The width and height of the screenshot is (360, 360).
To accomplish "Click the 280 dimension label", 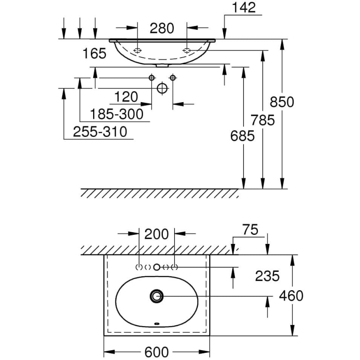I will pos(162,28).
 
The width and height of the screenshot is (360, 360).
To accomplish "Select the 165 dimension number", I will pos(94,54).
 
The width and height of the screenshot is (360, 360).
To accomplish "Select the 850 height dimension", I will pos(282,102).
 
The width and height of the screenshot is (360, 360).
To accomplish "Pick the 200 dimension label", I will pos(157,234).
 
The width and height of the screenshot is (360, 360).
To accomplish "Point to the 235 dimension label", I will pos(267,276).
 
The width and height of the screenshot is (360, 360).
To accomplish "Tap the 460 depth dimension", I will pos(292,296).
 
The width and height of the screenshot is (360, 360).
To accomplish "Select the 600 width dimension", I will pos(157,351).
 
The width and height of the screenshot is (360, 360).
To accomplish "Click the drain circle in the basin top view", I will pos(157,296).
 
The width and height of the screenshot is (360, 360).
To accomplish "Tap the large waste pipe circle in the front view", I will pos(162,88).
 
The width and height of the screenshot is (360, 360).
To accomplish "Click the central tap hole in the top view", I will pos(157,267).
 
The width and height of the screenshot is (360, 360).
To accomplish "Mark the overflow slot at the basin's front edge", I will pos(157,324).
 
